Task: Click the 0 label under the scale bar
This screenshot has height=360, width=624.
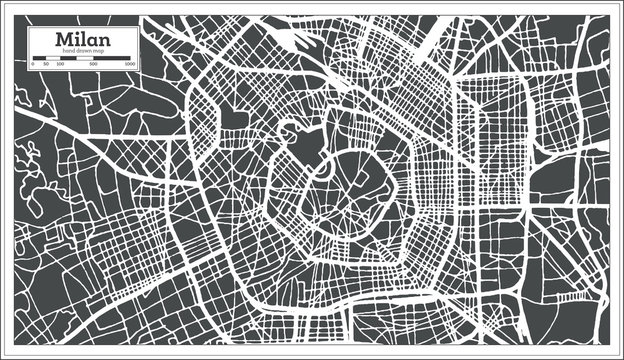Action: [x=32, y=63]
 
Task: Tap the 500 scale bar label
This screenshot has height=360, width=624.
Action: [x=93, y=63]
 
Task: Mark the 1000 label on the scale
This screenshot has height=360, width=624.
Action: [x=131, y=63]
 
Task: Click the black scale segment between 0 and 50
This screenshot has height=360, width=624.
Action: [x=38, y=57]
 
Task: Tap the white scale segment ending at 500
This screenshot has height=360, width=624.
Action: [x=84, y=57]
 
